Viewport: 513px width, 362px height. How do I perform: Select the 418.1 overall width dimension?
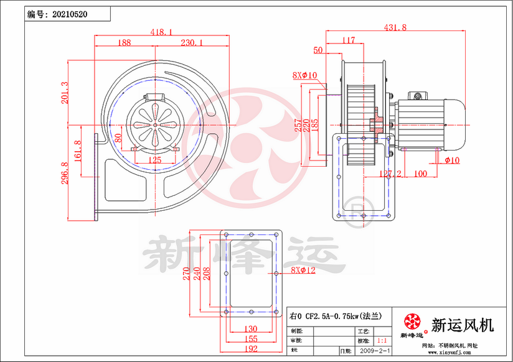coord(161,32)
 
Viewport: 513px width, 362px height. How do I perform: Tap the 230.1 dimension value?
coord(192,43)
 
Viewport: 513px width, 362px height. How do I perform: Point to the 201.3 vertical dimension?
coord(64,93)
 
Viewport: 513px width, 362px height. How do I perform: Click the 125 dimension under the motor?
coord(155,160)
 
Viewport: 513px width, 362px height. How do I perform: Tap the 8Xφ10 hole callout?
coord(305,75)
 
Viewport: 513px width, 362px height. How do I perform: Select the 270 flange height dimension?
coord(186,274)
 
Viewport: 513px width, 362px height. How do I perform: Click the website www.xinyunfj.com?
coord(453,352)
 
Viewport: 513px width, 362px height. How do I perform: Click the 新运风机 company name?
coord(463,325)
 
